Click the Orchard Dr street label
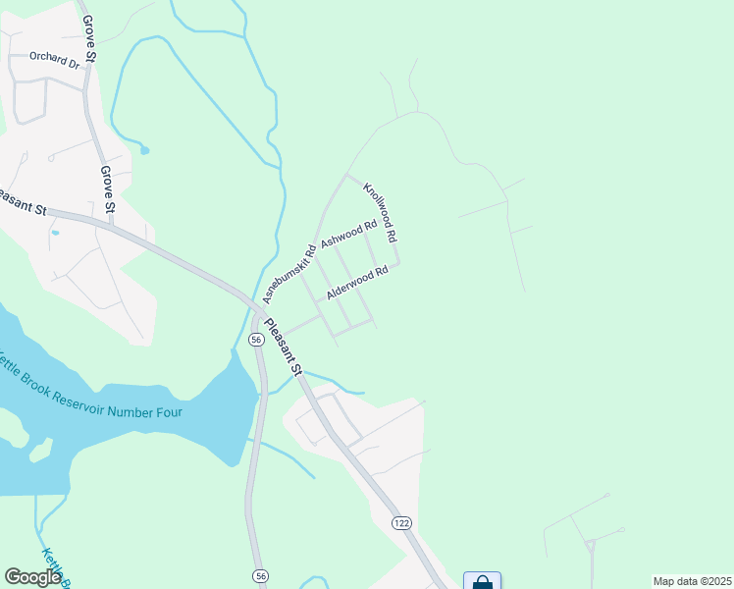click(x=54, y=59)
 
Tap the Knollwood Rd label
click(x=380, y=212)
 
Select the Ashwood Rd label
click(x=349, y=235)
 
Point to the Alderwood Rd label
click(x=358, y=281)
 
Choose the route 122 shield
click(x=401, y=522)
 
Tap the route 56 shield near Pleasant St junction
click(x=255, y=339)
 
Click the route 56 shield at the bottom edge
click(x=260, y=575)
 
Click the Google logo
click(x=33, y=576)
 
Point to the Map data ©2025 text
click(x=691, y=581)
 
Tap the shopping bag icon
click(x=482, y=582)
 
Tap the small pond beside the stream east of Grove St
click(x=144, y=150)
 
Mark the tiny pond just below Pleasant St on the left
click(x=54, y=233)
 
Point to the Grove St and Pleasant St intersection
click(x=110, y=223)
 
